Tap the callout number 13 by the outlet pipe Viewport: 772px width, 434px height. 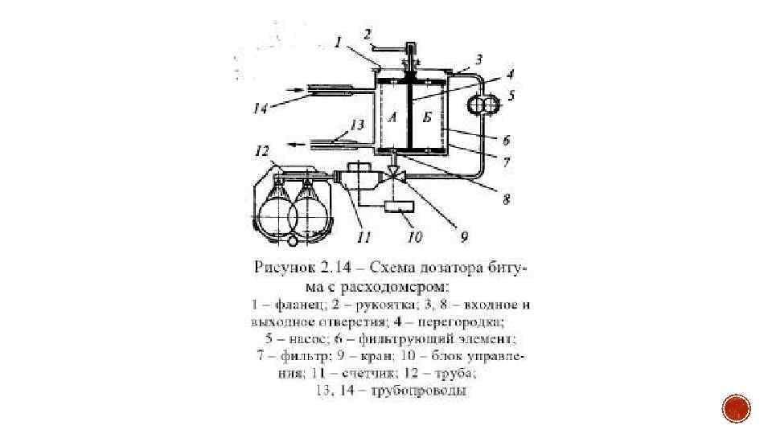(356, 125)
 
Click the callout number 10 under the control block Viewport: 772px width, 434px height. (416, 236)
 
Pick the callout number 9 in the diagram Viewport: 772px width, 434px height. (464, 236)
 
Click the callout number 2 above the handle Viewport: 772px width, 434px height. (367, 35)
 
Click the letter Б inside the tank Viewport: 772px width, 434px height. (427, 117)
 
